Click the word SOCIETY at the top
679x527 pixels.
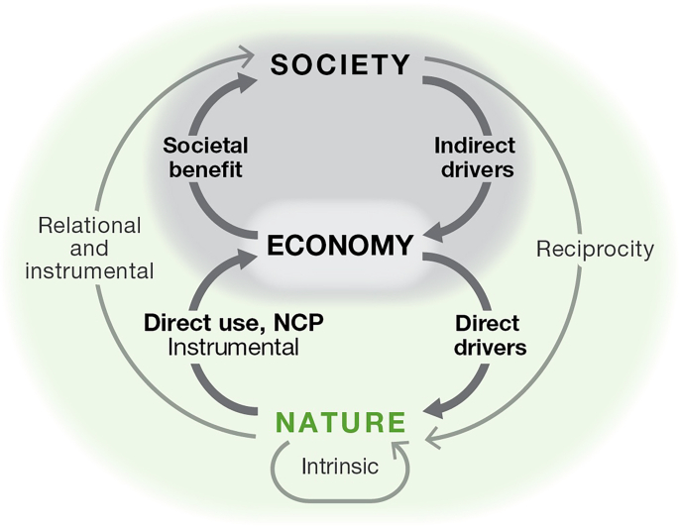340,65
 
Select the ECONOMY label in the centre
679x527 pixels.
339,245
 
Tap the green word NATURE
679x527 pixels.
340,423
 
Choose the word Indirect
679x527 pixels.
475,146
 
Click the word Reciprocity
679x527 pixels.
595,249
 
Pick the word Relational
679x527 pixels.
89,226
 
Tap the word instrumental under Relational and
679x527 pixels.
89,269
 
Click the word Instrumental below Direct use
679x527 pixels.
233,347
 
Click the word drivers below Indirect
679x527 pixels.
475,168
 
